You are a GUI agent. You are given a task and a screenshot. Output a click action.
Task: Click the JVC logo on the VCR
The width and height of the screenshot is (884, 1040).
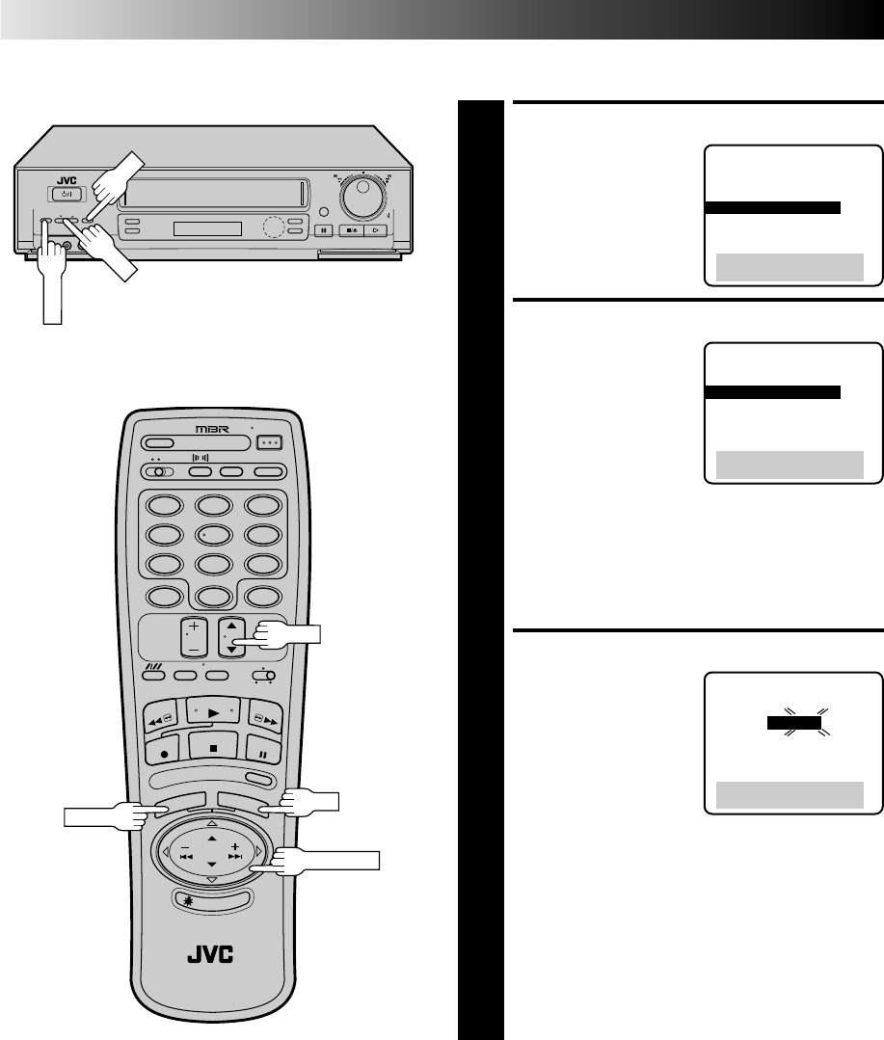53,178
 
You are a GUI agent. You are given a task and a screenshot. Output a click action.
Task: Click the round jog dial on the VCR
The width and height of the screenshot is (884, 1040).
363,200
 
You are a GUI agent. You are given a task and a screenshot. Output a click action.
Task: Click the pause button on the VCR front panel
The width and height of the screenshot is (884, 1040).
324,229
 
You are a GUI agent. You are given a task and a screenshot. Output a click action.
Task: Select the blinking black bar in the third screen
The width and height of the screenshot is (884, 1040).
794,722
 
